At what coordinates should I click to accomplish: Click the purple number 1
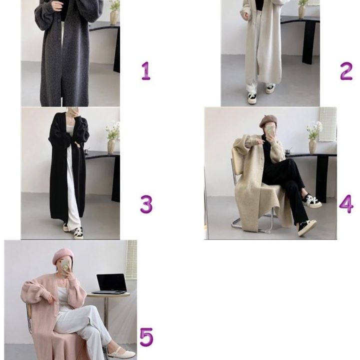pos(145,71)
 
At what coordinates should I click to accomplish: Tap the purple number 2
pos(346,71)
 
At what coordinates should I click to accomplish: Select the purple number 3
pos(146,204)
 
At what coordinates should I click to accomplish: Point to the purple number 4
pos(346,204)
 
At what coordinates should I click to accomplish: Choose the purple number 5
pos(146,337)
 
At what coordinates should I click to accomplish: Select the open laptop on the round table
pos(111,284)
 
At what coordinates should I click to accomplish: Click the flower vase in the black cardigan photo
pos(111,146)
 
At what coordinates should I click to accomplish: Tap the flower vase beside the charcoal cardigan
pos(114,17)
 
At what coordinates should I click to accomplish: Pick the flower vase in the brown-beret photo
pos(312,146)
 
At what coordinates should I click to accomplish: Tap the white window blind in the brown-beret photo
pos(328,124)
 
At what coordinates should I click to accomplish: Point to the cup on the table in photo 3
pos(86,151)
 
